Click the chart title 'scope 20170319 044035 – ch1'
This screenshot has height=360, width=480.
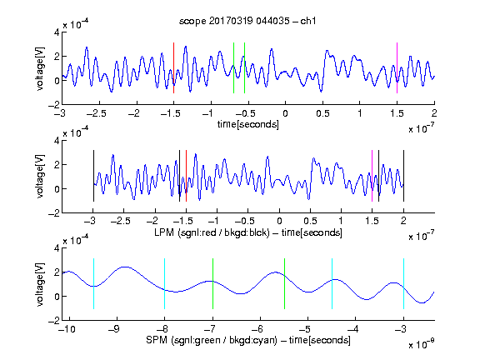(x=247, y=21)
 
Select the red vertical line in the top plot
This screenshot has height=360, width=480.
(x=174, y=67)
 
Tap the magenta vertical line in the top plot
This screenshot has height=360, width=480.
(x=397, y=67)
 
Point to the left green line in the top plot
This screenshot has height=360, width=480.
(x=233, y=67)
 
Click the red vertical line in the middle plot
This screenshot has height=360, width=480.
(x=186, y=176)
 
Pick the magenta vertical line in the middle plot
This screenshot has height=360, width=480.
(x=372, y=176)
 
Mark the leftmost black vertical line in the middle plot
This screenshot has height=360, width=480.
(x=93, y=176)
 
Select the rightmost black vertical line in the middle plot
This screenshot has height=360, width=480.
(x=403, y=176)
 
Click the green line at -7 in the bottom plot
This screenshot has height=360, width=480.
(x=212, y=284)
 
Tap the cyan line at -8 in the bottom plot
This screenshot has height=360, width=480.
(x=165, y=284)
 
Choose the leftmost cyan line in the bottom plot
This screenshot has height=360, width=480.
(x=93, y=284)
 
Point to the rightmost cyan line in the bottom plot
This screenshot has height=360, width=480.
(x=403, y=284)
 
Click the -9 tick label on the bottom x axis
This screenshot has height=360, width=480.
(x=113, y=329)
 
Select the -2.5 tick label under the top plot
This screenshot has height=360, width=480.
(x=96, y=113)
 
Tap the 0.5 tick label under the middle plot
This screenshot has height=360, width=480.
(x=310, y=221)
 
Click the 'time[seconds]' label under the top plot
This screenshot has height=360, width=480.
(x=248, y=124)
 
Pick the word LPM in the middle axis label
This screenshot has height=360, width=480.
(x=164, y=232)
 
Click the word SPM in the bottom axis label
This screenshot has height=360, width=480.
(x=157, y=340)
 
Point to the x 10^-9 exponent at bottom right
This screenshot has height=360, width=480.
(x=422, y=344)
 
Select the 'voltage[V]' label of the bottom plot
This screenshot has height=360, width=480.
(x=40, y=285)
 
